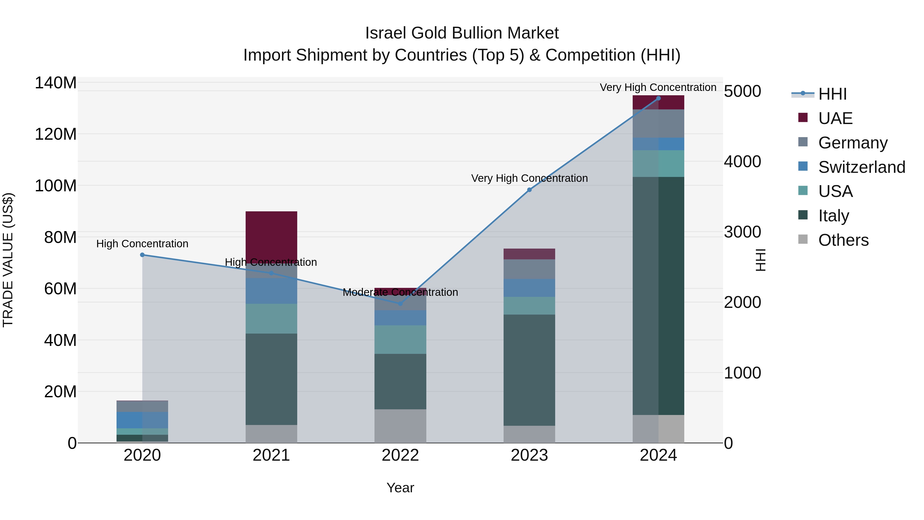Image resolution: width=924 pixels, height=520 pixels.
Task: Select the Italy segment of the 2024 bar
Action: click(658, 296)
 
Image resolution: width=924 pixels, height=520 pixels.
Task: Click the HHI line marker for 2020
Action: click(142, 255)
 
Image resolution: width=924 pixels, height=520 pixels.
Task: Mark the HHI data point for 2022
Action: click(400, 304)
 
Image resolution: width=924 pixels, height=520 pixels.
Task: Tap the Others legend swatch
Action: click(803, 239)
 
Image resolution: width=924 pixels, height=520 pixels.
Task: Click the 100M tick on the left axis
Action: click(56, 186)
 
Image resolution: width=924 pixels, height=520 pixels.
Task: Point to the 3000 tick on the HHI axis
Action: click(742, 232)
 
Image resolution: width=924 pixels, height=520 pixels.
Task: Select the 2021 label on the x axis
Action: click(271, 455)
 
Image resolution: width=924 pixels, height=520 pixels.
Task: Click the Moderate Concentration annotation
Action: click(400, 292)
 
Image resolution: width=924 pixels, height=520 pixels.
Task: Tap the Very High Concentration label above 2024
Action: click(658, 87)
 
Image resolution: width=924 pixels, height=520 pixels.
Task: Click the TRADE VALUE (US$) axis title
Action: click(8, 260)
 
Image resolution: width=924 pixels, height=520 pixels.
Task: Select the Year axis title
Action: click(400, 488)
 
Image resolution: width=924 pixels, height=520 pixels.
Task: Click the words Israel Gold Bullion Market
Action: click(462, 33)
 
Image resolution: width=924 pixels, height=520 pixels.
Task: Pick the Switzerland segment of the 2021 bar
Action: click(271, 291)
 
